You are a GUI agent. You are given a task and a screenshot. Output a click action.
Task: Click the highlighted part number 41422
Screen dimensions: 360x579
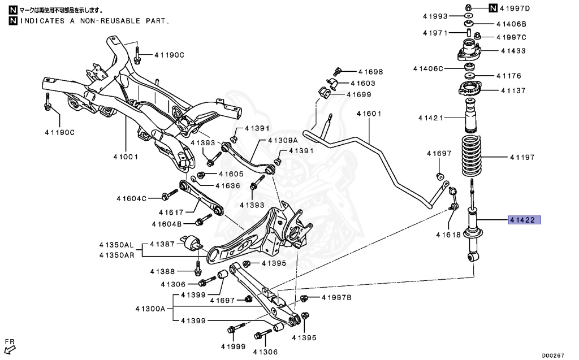[525, 220]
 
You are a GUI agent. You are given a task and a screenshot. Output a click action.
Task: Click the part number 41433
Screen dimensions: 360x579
[513, 51]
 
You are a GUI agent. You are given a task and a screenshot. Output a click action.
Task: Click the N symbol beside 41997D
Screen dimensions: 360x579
[493, 8]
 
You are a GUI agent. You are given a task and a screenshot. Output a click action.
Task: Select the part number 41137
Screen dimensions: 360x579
[513, 90]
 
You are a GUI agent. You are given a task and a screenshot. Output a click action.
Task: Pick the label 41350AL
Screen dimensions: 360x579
[116, 245]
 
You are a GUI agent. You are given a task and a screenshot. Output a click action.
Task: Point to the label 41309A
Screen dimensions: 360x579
[283, 140]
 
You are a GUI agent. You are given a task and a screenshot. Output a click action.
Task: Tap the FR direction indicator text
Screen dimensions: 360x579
[10, 341]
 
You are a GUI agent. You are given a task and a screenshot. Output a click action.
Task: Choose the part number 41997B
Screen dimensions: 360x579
[336, 297]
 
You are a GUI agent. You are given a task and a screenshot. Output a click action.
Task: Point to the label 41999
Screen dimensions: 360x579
[234, 346]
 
